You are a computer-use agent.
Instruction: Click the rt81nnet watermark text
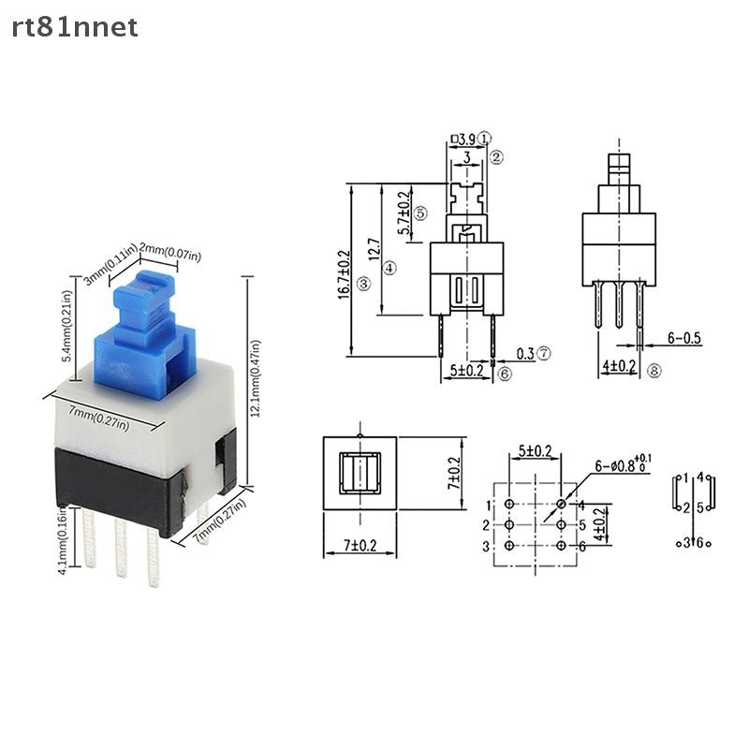tap(75, 27)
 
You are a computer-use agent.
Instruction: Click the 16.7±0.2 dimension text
tap(344, 272)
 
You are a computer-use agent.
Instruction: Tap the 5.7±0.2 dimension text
tap(404, 212)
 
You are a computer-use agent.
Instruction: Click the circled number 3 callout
tap(363, 284)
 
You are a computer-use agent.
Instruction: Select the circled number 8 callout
tap(654, 371)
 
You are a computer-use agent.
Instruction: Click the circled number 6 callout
tap(505, 374)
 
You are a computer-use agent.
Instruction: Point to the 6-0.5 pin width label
tap(684, 338)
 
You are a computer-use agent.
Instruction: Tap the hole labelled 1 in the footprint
tap(508, 505)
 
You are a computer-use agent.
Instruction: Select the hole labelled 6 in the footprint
tap(561, 546)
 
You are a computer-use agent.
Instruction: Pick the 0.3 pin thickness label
tap(525, 354)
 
